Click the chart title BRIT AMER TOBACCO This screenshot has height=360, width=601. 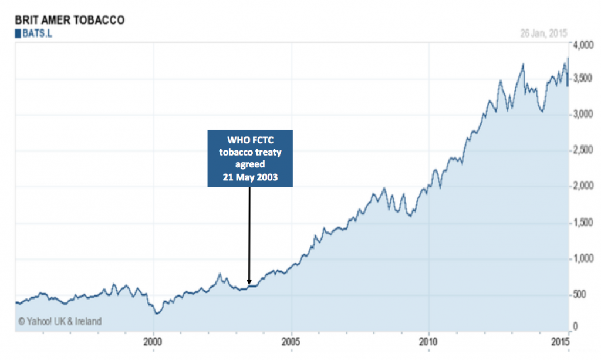tap(70, 20)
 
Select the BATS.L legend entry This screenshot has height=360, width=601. tap(38, 33)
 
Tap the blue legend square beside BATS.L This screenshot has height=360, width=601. tap(18, 33)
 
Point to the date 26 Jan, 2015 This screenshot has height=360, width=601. tap(543, 33)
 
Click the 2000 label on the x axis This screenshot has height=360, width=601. tap(153, 342)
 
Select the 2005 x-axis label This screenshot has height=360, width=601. tap(291, 342)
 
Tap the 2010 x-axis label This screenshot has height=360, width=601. tap(429, 342)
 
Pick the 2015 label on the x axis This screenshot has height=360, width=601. tap(563, 342)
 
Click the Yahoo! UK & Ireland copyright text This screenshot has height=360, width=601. tap(59, 321)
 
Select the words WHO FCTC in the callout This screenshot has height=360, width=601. tap(249, 140)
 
